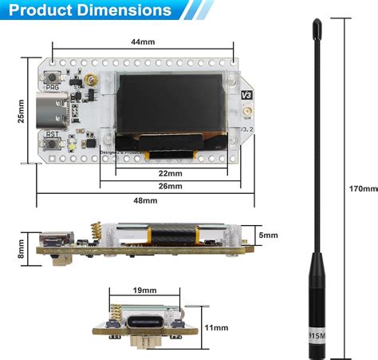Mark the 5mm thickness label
269,235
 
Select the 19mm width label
144,291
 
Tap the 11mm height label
215,327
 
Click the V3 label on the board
246,93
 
